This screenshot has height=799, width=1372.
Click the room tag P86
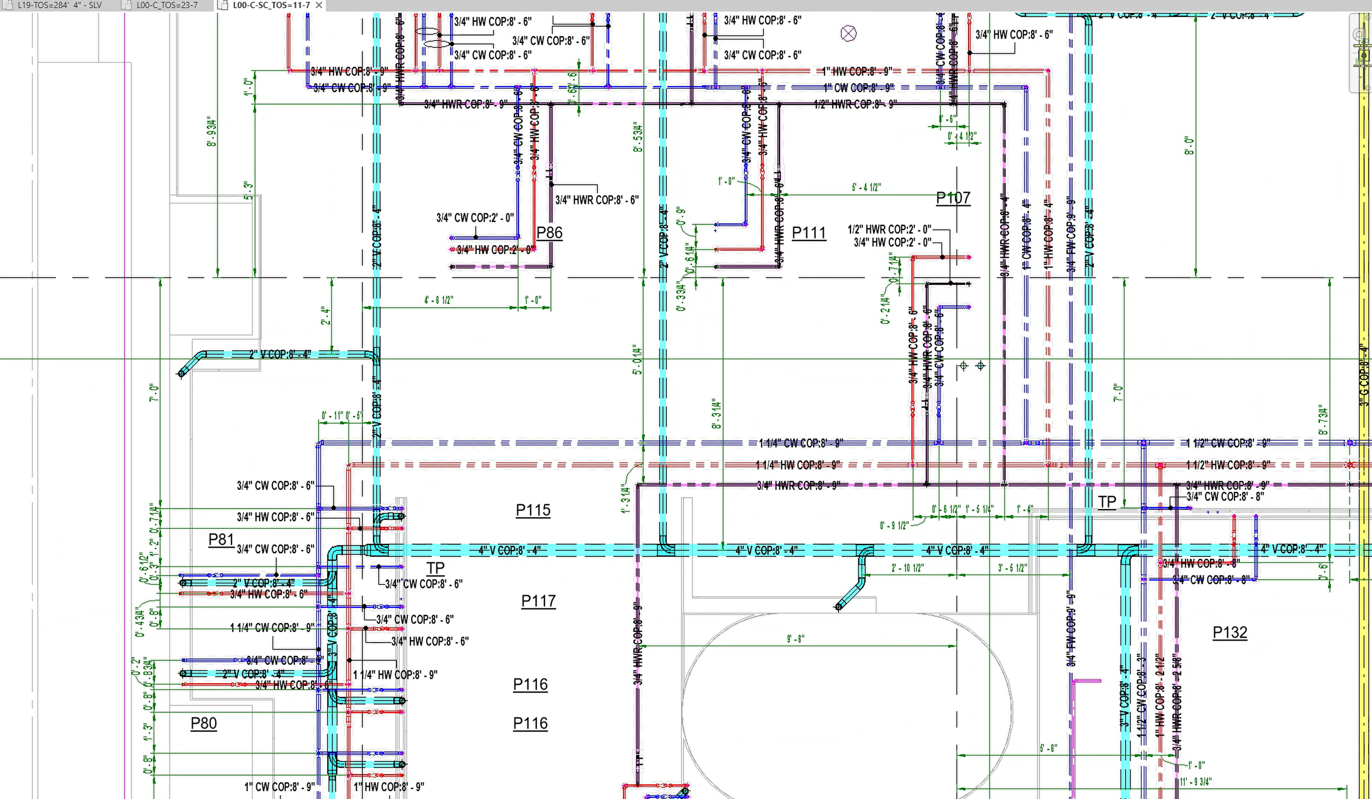pos(549,233)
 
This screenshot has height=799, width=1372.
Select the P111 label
pos(809,233)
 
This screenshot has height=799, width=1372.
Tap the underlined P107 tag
pos(953,197)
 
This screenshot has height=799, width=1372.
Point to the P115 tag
pos(533,510)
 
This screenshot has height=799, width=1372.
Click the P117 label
pos(538,601)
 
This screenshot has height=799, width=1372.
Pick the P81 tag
pos(221,539)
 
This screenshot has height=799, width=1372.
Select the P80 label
pos(204,723)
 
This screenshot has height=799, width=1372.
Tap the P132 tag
pos(1230,632)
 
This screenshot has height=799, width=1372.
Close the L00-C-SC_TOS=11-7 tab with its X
pos(319,5)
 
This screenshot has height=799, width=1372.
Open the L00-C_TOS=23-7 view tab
pos(167,5)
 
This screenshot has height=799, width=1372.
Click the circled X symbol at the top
pos(848,34)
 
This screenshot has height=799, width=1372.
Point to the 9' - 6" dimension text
pos(795,639)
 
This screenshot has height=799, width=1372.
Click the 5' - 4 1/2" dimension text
pos(866,188)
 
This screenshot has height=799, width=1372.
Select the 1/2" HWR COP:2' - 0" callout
pos(889,229)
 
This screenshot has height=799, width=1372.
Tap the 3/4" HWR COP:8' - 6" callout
pos(597,200)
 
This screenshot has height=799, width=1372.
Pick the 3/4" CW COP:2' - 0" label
pos(475,218)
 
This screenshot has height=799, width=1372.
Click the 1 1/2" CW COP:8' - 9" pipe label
pos(1228,443)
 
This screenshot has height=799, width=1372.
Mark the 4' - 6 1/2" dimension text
pos(439,300)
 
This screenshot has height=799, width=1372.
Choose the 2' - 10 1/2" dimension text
pos(907,568)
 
